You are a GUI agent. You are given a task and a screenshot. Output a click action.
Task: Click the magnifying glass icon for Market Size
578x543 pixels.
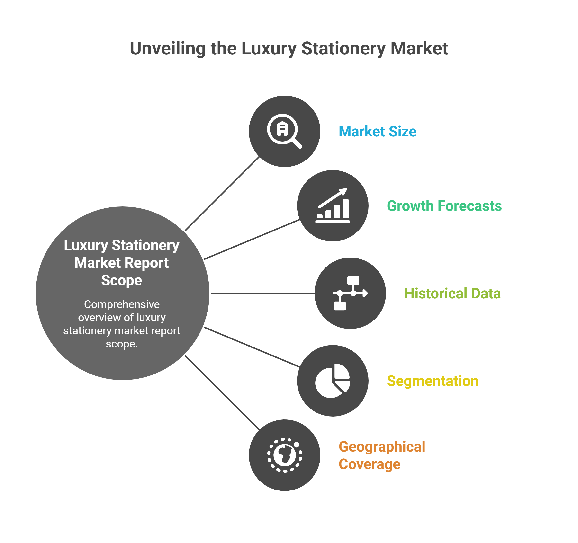tap(283, 131)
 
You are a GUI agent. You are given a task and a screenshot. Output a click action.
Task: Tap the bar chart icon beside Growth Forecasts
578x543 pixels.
tap(333, 206)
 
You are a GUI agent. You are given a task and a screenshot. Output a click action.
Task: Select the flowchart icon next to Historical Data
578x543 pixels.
tap(350, 293)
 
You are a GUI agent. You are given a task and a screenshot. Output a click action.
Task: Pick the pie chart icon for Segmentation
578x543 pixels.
tap(333, 381)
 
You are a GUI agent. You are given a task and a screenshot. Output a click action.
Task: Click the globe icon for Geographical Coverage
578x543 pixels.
tap(285, 455)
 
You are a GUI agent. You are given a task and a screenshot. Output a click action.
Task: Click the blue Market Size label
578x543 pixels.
tap(378, 131)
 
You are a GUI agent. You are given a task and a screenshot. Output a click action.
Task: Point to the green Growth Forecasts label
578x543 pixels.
tap(444, 206)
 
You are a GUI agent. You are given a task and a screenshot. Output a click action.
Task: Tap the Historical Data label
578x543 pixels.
tap(453, 293)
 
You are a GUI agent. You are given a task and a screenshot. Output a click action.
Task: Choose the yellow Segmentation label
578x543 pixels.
tap(433, 381)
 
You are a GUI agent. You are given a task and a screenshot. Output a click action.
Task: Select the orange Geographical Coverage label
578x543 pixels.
tap(382, 455)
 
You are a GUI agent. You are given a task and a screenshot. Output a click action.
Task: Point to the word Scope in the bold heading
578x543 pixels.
tap(122, 280)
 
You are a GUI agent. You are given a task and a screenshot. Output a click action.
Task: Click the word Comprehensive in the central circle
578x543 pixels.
tap(122, 304)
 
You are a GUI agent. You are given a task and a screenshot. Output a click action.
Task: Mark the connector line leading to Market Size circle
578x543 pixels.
tap(222, 194)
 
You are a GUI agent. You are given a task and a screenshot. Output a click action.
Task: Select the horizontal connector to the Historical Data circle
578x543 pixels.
tap(262, 293)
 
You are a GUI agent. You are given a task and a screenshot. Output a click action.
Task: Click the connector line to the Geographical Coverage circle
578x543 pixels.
tap(222, 393)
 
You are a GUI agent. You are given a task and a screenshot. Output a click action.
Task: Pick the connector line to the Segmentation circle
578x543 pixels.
tap(252, 347)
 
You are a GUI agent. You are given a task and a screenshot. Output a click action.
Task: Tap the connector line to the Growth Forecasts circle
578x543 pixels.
tap(252, 239)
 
